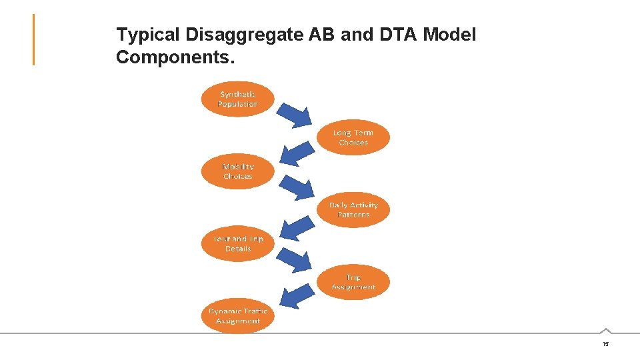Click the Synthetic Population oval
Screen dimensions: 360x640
click(x=237, y=99)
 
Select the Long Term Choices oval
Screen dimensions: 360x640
click(x=353, y=138)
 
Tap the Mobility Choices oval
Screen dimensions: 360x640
click(x=237, y=171)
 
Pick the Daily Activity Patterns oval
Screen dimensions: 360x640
click(x=353, y=210)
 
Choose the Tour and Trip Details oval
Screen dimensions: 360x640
click(x=237, y=243)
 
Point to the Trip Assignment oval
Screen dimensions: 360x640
click(x=353, y=282)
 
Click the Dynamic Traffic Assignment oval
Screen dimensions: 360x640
click(x=237, y=316)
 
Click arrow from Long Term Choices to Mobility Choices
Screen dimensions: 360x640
click(x=296, y=152)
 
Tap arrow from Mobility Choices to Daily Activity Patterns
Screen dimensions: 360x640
click(x=295, y=187)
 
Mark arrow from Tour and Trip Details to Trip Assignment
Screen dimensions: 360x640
click(x=295, y=259)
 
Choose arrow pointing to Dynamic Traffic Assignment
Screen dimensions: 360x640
click(x=296, y=298)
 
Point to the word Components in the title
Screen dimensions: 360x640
click(x=175, y=57)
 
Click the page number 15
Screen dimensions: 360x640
click(x=605, y=344)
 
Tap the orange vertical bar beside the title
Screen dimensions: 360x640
click(x=33, y=40)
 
